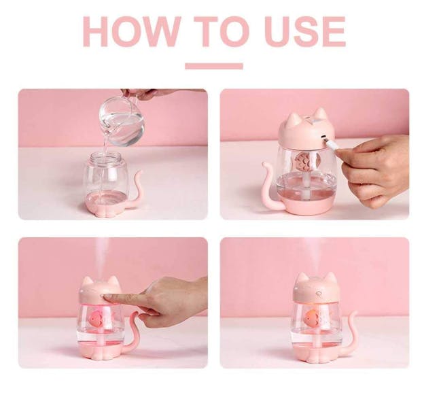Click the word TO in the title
pyautogui.click(x=222, y=31)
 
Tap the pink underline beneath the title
pyautogui.click(x=214, y=66)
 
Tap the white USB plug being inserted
pyautogui.click(x=330, y=143)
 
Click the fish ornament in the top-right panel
pyautogui.click(x=305, y=161)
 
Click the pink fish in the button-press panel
pyautogui.click(x=96, y=317)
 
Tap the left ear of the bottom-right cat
pyautogui.click(x=302, y=279)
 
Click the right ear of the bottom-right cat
pyautogui.click(x=330, y=279)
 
